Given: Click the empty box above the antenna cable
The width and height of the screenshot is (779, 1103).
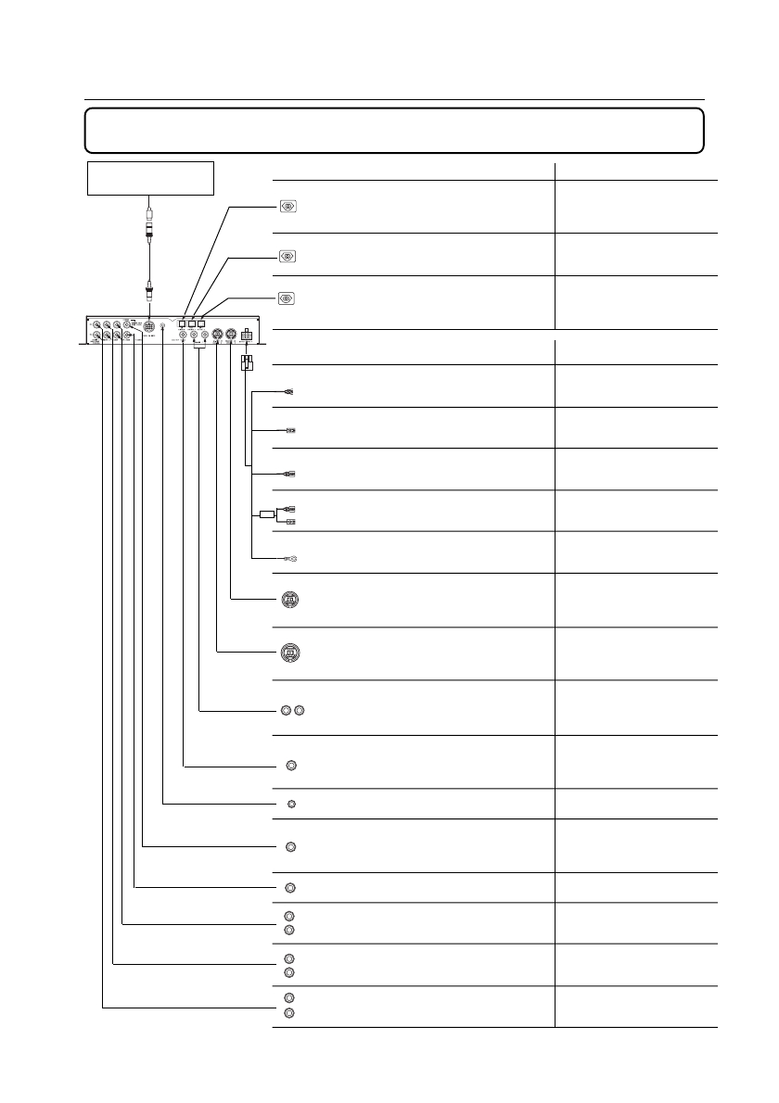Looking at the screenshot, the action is pos(150,178).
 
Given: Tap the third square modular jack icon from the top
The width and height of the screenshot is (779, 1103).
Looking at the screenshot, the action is pos(287,298).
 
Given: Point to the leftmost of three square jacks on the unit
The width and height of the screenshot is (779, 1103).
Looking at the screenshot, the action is pos(183,323).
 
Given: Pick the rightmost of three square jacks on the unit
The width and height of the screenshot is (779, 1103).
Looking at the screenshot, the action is pos(201,323).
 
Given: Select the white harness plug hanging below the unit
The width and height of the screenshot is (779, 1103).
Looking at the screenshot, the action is pos(246,363).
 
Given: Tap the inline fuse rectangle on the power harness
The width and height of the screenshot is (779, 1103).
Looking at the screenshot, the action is pos(267,514).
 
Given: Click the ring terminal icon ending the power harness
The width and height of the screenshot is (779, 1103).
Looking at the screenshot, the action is pos(289,558).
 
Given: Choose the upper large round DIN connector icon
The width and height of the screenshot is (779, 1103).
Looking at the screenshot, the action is pos(289,601).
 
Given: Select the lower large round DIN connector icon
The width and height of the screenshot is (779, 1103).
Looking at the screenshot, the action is pos(289,653).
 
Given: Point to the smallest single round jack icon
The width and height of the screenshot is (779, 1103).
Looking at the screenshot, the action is pos(291,803).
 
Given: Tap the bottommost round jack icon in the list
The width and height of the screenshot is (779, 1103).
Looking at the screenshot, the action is pos(289,1013).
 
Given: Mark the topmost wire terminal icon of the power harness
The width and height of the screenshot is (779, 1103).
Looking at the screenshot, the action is pos(289,391).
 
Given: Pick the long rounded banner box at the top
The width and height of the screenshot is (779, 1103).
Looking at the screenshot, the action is pos(394,130).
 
